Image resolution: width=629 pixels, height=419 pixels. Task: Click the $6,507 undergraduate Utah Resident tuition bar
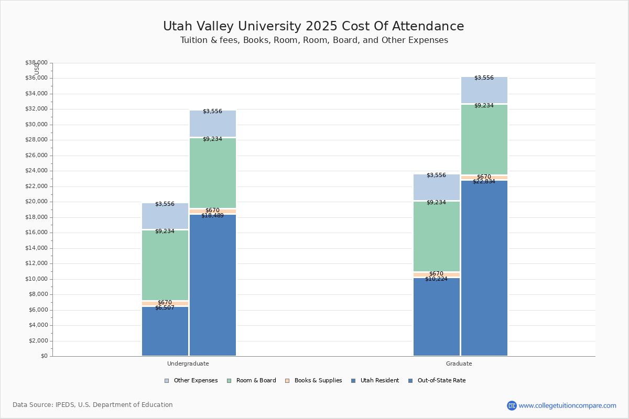(165, 331)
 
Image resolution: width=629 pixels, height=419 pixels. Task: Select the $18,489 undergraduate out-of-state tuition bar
(213, 285)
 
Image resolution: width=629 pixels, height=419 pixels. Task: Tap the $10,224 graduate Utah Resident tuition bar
(437, 317)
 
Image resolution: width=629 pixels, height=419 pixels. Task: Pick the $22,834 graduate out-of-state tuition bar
(484, 268)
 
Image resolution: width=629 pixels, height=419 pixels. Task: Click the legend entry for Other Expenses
(191, 381)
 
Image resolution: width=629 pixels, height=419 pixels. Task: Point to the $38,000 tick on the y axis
(36, 63)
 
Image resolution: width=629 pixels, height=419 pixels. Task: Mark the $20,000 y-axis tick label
(36, 202)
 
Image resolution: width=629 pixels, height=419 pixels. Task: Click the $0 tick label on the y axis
(44, 356)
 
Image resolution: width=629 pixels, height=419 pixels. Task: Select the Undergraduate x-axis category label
(188, 363)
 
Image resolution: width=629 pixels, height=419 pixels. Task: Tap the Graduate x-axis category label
(459, 363)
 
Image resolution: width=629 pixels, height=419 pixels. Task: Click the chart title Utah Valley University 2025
(313, 27)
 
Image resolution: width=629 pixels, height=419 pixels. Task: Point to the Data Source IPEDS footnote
(93, 405)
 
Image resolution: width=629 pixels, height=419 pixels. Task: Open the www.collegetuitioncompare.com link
(568, 405)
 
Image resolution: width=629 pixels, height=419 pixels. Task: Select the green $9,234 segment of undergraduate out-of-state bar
(213, 173)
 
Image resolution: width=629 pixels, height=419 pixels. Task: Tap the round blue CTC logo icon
(512, 405)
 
